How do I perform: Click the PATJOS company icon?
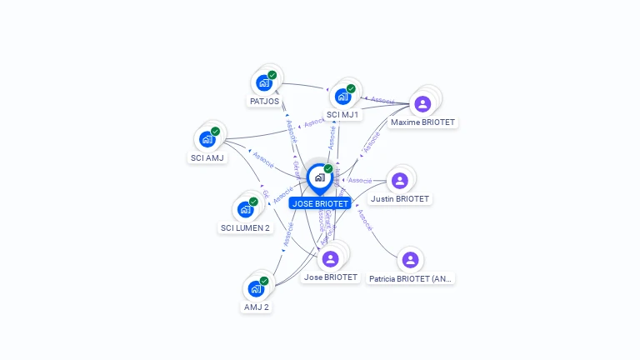(x=264, y=82)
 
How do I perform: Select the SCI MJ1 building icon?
(x=342, y=96)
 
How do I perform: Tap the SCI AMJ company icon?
(x=207, y=139)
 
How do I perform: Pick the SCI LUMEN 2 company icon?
(x=246, y=208)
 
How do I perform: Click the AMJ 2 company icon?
(x=257, y=288)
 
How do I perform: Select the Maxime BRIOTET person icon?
(x=422, y=104)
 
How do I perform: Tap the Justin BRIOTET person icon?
(x=400, y=180)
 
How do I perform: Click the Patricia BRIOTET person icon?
(x=410, y=260)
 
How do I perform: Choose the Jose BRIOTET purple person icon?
(x=330, y=258)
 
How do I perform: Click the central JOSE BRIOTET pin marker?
(x=319, y=177)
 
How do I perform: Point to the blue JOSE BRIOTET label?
(x=320, y=203)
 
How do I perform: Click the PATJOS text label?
(x=264, y=102)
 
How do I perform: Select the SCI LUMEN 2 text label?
(x=246, y=228)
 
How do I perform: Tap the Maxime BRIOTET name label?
(x=423, y=122)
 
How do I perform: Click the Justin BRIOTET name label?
(x=400, y=199)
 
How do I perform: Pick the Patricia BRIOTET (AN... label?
(x=411, y=279)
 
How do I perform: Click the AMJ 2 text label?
(x=257, y=307)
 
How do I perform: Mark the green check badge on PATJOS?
(x=272, y=75)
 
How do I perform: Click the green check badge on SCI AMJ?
(x=215, y=131)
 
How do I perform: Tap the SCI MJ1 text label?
(x=342, y=115)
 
